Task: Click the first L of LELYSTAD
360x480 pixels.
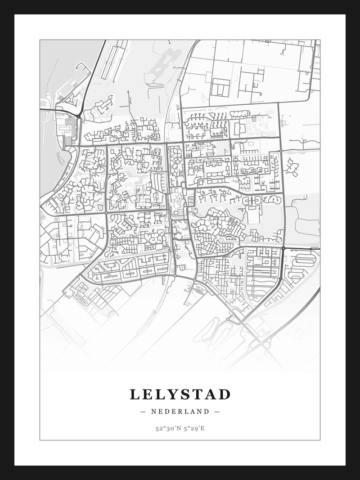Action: point(134,395)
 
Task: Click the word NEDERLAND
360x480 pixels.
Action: point(180,411)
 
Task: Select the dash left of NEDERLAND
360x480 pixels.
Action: point(143,411)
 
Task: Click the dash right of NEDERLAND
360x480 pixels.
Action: point(217,411)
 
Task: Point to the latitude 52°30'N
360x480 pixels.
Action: point(167,428)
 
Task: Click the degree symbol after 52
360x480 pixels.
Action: point(163,427)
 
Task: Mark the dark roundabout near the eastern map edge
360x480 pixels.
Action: point(283,248)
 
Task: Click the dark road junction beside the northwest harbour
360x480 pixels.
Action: point(79,117)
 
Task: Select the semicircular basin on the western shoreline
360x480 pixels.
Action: point(65,157)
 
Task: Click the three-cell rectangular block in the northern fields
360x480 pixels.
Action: point(220,87)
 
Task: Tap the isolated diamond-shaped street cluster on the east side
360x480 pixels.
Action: point(292,166)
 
